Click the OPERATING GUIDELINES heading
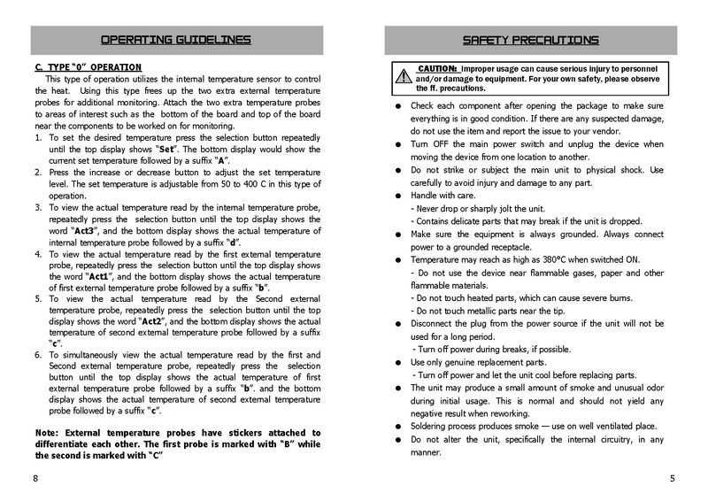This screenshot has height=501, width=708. (175, 40)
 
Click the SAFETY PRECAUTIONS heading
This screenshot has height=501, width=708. (531, 40)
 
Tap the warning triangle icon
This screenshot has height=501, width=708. (404, 76)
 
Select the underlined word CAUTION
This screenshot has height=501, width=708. (437, 68)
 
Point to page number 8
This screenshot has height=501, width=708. (35, 478)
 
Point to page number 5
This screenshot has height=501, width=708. (672, 478)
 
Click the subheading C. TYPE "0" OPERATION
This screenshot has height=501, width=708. (88, 67)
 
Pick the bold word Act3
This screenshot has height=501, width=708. (86, 229)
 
